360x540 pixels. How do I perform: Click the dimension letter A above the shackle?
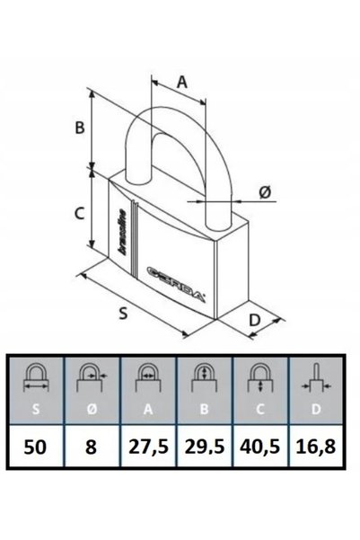pyautogui.click(x=181, y=82)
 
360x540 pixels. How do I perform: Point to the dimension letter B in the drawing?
pyautogui.click(x=80, y=128)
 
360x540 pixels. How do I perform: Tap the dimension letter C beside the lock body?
pyautogui.click(x=80, y=213)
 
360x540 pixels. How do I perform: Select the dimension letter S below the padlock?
pyautogui.click(x=123, y=313)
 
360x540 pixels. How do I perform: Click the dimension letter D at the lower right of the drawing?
pyautogui.click(x=255, y=320)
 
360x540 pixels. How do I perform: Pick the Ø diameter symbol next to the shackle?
pyautogui.click(x=266, y=191)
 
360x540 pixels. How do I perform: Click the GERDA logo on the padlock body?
pyautogui.click(x=176, y=283)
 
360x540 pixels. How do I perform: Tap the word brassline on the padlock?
pyautogui.click(x=121, y=232)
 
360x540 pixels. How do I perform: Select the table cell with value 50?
pyautogui.click(x=35, y=447)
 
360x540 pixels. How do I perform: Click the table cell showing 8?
pyautogui.click(x=92, y=447)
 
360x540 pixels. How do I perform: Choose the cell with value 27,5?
pyautogui.click(x=148, y=447)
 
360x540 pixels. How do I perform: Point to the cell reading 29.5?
pyautogui.click(x=205, y=447)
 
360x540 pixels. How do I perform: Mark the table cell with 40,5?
pyautogui.click(x=260, y=447)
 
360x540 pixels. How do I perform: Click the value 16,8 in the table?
pyautogui.click(x=316, y=447)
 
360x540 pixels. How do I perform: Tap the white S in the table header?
pyautogui.click(x=35, y=409)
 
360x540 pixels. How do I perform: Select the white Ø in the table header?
pyautogui.click(x=92, y=409)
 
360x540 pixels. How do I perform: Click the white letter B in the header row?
pyautogui.click(x=204, y=409)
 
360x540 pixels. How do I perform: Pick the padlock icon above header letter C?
pyautogui.click(x=260, y=378)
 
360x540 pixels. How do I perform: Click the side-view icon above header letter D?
pyautogui.click(x=316, y=378)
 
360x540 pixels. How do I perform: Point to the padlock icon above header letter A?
pyautogui.click(x=148, y=378)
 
